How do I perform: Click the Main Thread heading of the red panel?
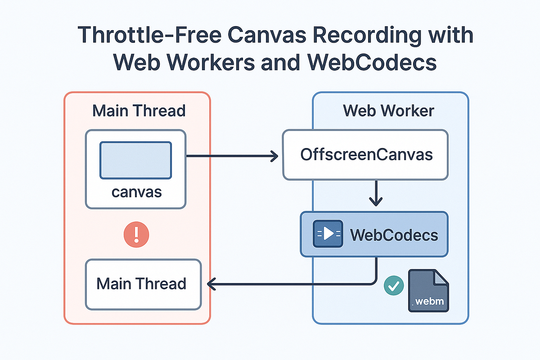[x=139, y=111]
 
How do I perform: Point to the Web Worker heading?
[x=388, y=111]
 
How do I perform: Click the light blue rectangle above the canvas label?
[x=135, y=160]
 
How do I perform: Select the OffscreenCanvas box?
[x=365, y=155]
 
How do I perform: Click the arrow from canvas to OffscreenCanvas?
[x=232, y=157]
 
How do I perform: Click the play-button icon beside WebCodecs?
[x=327, y=234]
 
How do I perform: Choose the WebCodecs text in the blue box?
[x=394, y=234]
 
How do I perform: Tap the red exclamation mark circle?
[x=135, y=234]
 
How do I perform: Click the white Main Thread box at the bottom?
[x=143, y=284]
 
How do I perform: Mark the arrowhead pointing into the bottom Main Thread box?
[x=210, y=284]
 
